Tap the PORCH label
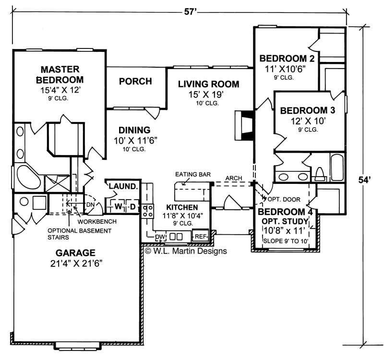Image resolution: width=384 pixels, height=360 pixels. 135,82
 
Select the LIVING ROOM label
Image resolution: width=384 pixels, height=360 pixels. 208,84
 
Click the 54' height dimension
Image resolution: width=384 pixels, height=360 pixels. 366,180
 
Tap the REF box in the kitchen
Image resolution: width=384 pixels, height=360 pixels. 200,236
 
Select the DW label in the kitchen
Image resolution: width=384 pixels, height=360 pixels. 160,237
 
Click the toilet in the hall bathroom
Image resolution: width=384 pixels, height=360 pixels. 319,173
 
